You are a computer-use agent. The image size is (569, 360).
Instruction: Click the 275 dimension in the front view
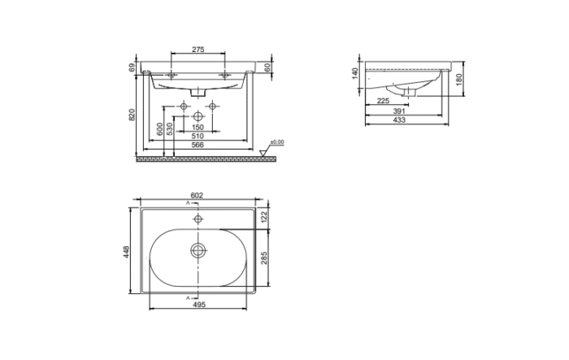pyautogui.click(x=198, y=50)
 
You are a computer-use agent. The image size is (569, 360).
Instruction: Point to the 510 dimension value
pyautogui.click(x=198, y=137)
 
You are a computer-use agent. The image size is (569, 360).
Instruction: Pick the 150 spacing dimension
pyautogui.click(x=198, y=128)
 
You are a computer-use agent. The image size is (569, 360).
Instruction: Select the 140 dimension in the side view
pyautogui.click(x=355, y=72)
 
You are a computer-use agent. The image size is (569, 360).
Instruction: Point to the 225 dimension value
pyautogui.click(x=382, y=102)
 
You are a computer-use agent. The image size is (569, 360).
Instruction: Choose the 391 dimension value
pyautogui.click(x=399, y=111)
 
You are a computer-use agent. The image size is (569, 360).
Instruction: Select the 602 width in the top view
pyautogui.click(x=196, y=196)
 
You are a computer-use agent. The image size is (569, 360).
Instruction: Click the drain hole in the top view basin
pyautogui.click(x=198, y=250)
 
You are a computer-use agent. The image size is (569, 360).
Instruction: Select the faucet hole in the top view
pyautogui.click(x=198, y=218)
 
